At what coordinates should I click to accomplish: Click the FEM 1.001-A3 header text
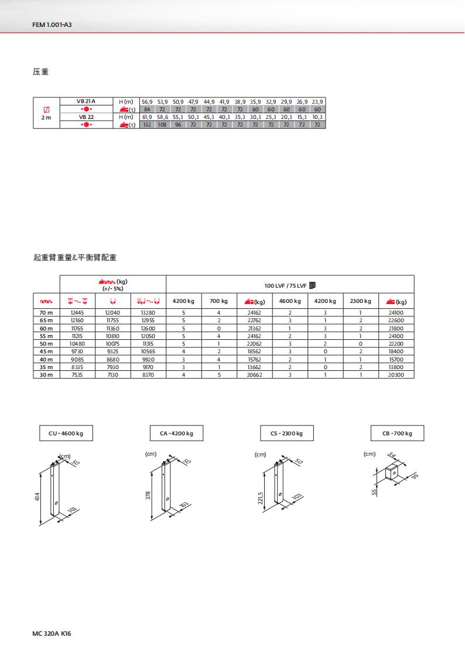click(55, 26)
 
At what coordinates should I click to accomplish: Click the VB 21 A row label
click(86, 101)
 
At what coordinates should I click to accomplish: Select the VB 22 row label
click(86, 117)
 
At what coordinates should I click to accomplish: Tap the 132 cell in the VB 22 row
click(147, 125)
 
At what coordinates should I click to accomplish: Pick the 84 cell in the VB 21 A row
click(147, 109)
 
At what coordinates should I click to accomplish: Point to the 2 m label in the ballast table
click(46, 118)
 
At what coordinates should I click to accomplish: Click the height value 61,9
click(147, 117)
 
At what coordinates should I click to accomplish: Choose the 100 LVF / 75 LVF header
click(290, 285)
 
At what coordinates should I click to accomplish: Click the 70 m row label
click(46, 313)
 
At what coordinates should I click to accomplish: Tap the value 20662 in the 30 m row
click(255, 374)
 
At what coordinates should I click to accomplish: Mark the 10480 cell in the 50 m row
click(77, 343)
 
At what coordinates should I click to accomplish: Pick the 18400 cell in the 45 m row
click(396, 351)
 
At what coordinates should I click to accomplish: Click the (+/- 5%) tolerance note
click(112, 288)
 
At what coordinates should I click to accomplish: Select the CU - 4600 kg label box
click(66, 434)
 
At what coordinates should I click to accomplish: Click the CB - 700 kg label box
click(397, 434)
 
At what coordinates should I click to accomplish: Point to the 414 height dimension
click(37, 497)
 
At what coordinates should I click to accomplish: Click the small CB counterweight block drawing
click(391, 473)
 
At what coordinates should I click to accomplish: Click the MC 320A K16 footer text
click(55, 634)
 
